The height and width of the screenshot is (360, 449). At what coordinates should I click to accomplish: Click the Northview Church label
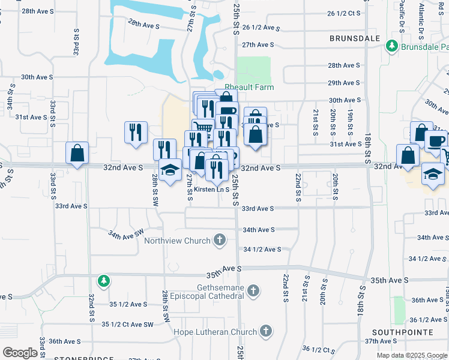pos(177,241)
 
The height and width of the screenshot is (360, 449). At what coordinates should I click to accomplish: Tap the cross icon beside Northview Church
pos(220,241)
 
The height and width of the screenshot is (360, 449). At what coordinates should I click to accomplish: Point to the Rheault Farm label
pos(249,87)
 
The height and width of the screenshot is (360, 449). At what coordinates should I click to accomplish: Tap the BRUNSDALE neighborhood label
pos(355,38)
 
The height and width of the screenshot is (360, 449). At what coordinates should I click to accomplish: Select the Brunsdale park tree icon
pos(393,46)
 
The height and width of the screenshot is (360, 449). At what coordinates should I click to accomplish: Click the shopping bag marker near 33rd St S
pos(77,153)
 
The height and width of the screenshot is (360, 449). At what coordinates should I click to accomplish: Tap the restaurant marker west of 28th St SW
pos(136,131)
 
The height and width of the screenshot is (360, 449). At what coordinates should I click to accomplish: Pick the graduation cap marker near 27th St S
pos(170,169)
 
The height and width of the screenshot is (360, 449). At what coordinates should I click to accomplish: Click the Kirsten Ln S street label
pos(211,190)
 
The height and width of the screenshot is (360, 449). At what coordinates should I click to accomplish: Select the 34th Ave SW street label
pos(126,232)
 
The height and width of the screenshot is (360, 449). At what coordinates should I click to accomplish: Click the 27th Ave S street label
pos(258,45)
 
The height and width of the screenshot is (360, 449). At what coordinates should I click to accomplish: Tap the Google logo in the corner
pos(19,353)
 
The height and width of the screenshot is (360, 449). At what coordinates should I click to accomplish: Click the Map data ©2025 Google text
pos(411,355)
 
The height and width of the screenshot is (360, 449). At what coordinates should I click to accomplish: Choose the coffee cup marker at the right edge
pos(436,140)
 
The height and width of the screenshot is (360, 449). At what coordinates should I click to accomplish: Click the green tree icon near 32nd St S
pos(104,280)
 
